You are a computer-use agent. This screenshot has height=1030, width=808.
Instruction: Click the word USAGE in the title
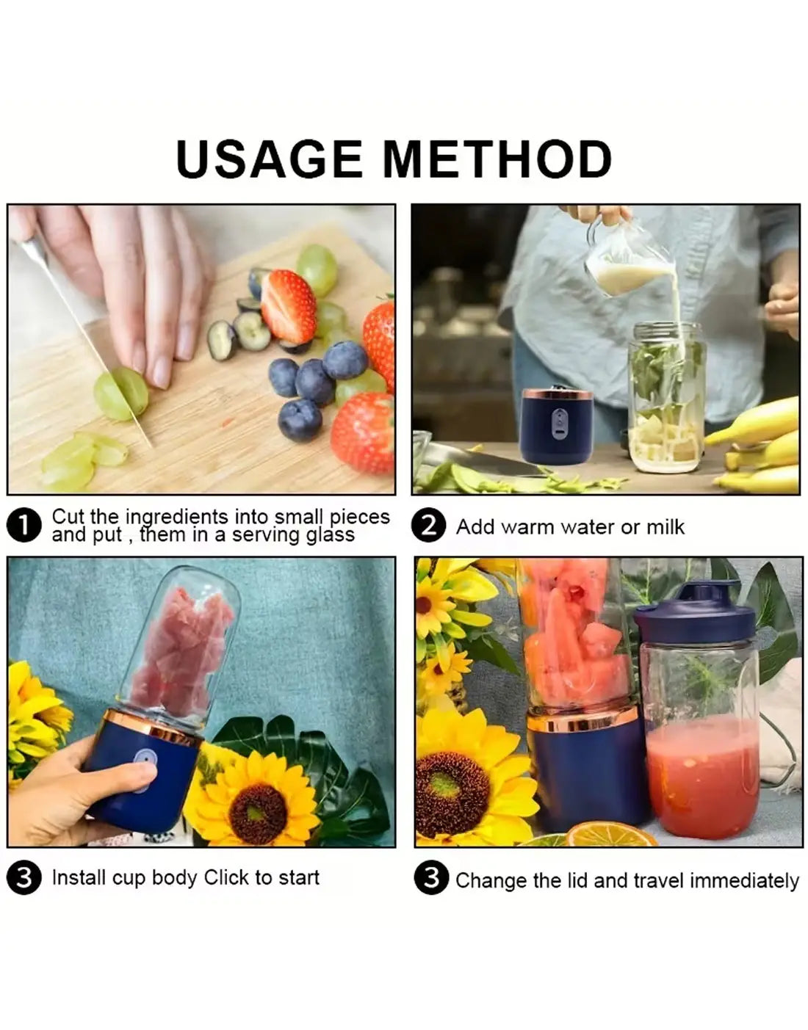point(269,159)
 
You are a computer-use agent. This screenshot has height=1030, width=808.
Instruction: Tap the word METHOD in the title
point(497,159)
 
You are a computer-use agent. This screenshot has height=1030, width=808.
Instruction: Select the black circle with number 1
point(24,526)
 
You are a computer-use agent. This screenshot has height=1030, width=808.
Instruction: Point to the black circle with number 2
point(428,526)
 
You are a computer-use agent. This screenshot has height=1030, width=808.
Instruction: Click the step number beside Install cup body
point(24,878)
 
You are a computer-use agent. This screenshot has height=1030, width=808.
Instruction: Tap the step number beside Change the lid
point(431,878)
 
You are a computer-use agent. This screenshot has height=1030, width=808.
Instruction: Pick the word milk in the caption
point(665,527)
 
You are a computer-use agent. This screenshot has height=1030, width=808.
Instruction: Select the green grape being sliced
point(121,393)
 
